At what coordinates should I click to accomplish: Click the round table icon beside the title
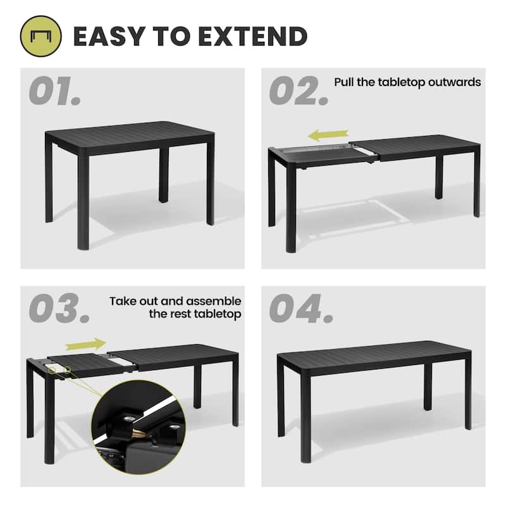click(x=41, y=36)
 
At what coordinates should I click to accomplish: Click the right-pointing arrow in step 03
click(x=86, y=343)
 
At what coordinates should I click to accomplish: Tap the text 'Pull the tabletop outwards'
click(x=407, y=82)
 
